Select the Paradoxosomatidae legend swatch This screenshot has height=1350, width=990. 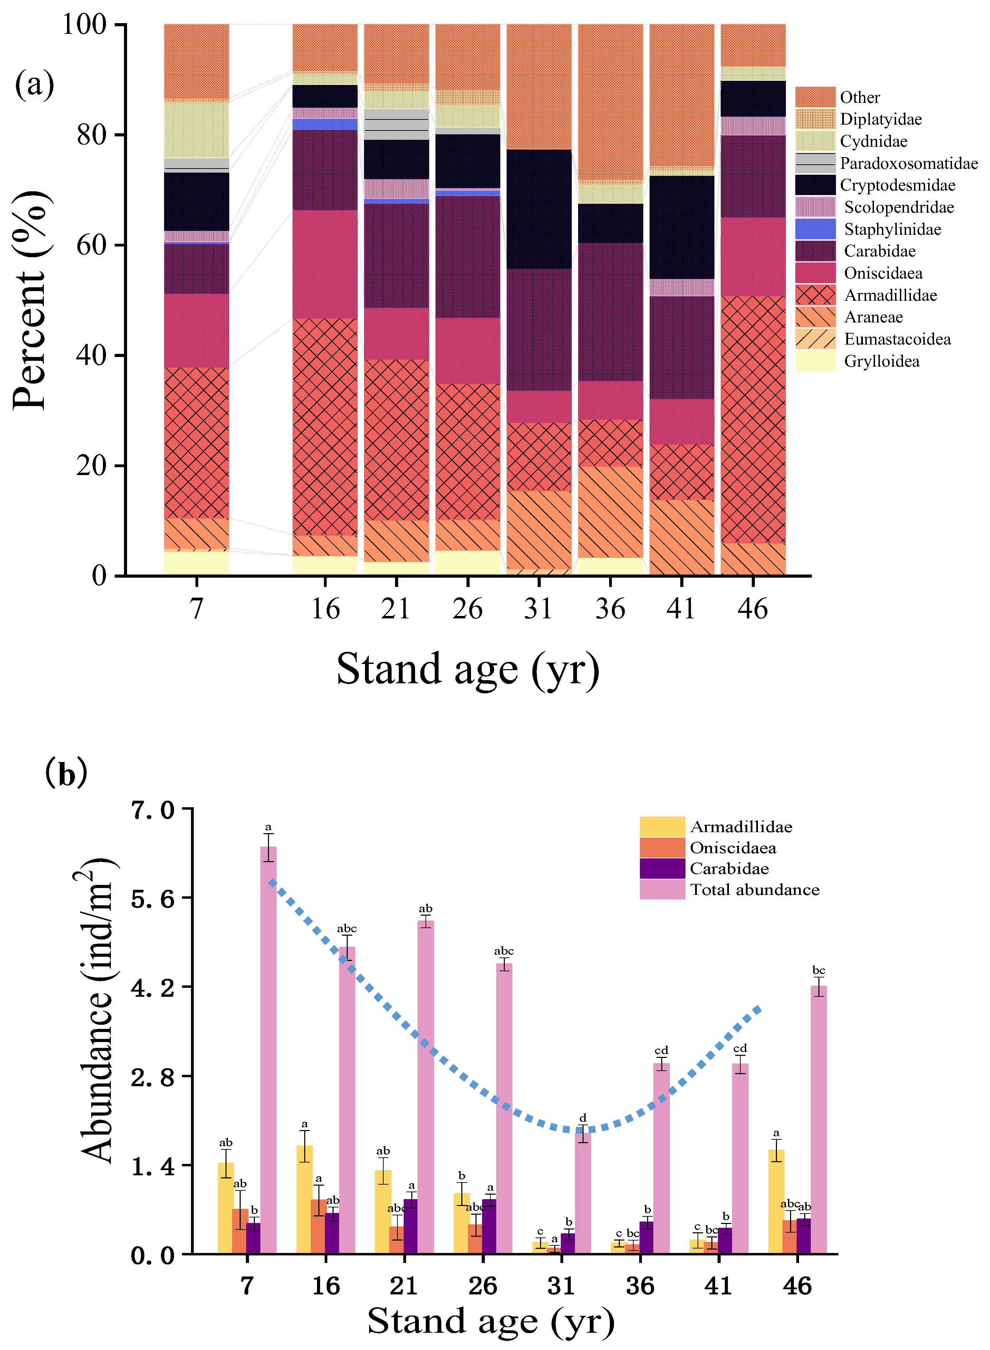tap(815, 163)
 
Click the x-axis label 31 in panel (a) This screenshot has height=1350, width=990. tap(538, 609)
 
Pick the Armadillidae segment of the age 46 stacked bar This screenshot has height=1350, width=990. tap(753, 420)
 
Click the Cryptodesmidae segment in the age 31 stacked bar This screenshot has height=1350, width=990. tap(539, 209)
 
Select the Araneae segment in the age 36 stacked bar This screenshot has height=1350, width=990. tap(610, 512)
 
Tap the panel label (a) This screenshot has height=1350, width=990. tap(34, 84)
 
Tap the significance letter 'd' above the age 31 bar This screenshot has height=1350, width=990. tap(583, 1118)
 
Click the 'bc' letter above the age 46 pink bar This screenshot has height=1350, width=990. tap(819, 970)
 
